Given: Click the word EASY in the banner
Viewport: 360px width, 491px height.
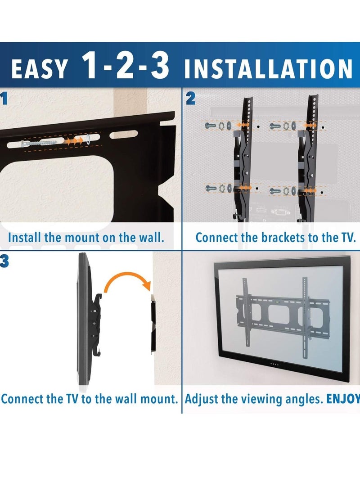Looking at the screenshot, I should (x=40, y=69).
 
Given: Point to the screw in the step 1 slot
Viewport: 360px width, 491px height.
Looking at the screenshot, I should (x=38, y=143).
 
